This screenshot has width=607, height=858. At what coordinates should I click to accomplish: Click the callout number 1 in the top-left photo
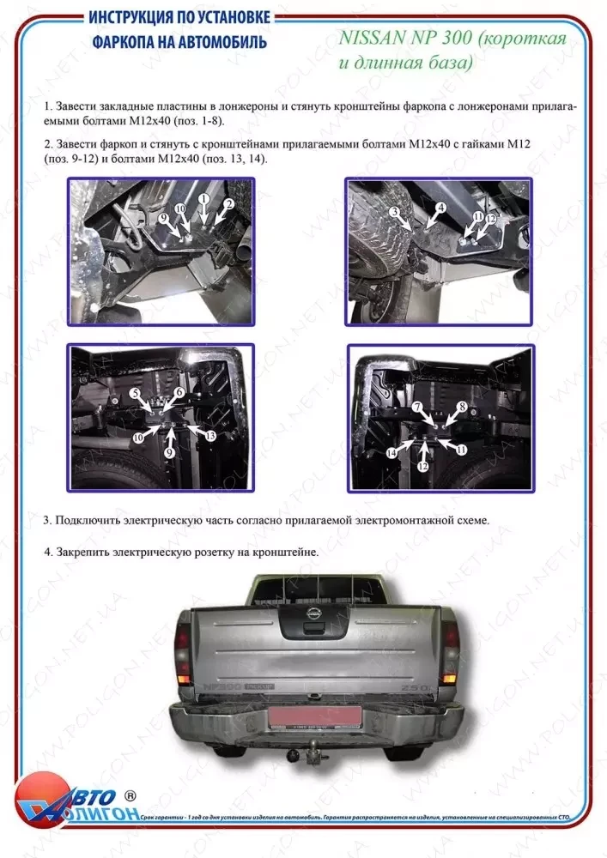(203, 198)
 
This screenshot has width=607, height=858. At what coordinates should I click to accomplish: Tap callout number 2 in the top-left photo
(229, 203)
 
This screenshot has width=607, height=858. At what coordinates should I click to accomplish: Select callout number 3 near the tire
(394, 211)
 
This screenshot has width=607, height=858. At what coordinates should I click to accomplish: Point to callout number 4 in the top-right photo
(439, 208)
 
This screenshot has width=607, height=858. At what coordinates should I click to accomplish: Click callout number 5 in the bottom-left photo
(136, 393)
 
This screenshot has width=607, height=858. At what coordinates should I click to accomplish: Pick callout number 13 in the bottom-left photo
(210, 436)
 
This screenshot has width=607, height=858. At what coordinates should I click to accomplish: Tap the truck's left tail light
(183, 652)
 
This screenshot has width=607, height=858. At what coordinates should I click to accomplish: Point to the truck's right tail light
(449, 652)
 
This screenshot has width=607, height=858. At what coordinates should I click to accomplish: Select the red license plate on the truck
(308, 716)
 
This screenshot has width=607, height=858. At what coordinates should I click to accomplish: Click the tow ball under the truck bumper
(307, 752)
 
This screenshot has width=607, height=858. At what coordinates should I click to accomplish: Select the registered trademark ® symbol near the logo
(131, 795)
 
